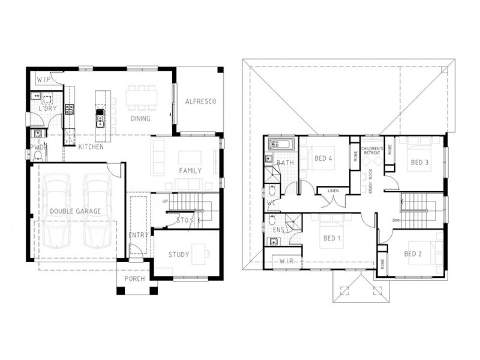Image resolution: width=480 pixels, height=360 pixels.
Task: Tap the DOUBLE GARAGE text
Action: click(x=75, y=211)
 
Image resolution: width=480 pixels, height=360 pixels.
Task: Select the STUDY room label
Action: click(x=178, y=254)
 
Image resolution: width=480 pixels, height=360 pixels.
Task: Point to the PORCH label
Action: click(x=134, y=279)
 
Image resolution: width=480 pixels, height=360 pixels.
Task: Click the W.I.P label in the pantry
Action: click(x=43, y=79)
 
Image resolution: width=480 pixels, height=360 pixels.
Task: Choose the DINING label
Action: click(x=140, y=118)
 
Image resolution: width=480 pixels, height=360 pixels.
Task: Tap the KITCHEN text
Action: click(x=91, y=147)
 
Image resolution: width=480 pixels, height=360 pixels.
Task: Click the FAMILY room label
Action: click(x=190, y=170)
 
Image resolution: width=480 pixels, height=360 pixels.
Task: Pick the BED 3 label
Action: click(x=419, y=162)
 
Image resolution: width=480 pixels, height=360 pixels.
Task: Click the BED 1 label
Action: click(x=332, y=238)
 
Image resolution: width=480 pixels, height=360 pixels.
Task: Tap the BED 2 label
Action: click(x=413, y=254)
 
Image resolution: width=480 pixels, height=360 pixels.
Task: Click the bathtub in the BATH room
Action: click(x=281, y=144)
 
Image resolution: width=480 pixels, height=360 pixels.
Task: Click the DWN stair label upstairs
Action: click(x=397, y=220)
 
